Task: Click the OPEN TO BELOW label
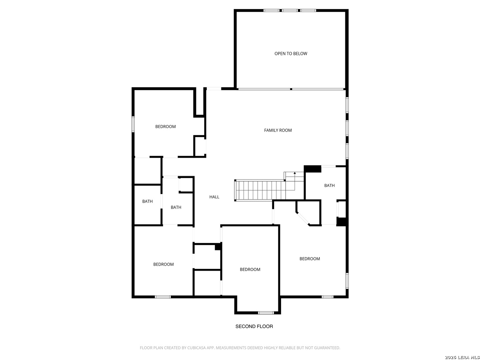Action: coord(291,54)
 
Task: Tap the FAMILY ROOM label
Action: coord(278,130)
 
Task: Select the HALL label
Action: coord(214,197)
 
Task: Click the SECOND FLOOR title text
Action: coord(254,326)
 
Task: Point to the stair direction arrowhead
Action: coord(295,173)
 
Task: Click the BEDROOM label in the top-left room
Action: coord(165,127)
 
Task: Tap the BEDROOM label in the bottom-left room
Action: coord(163,264)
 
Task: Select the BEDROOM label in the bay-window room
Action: coord(250,270)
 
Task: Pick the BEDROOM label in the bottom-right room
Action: coord(310,259)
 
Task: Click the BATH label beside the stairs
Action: coord(329,186)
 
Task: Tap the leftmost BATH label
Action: coord(147,201)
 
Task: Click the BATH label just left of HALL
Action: coord(176,207)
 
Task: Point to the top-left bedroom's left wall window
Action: coord(133,124)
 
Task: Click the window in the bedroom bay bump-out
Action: coord(266,313)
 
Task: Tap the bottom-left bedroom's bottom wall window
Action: coord(162,297)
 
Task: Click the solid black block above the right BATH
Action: coord(312,169)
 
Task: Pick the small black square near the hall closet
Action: coord(218,247)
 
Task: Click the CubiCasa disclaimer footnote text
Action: coord(240,348)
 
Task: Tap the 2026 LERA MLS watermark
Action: coord(462,357)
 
